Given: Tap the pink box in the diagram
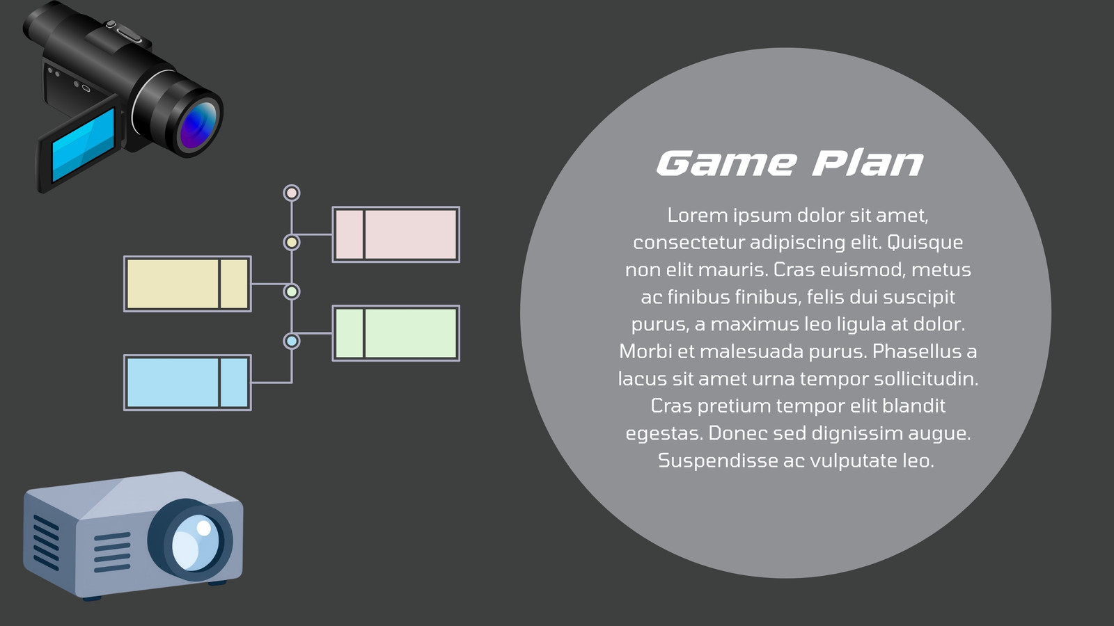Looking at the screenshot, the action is pos(396,234).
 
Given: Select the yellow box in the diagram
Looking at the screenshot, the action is pos(187,284).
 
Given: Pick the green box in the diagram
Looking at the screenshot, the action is pos(396,333).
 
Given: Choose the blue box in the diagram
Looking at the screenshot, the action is pos(187,383).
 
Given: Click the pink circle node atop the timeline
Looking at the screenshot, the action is pos(292,193).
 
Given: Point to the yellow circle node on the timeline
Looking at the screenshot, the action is pos(292,243).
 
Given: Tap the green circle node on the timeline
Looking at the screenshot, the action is pos(292,291).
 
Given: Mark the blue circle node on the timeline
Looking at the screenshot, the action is pos(292,342).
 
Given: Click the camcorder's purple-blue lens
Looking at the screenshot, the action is pos(198,125).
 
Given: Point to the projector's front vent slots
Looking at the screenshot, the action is pos(112,552).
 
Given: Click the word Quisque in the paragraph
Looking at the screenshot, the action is pos(925,243).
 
